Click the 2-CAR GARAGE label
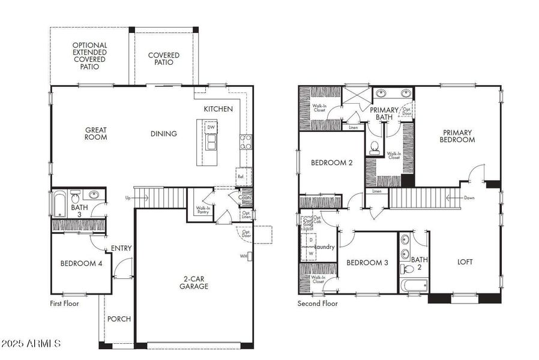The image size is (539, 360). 194,282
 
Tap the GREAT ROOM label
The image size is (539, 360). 95,133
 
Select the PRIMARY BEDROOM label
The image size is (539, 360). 457,136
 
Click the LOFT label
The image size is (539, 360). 465,262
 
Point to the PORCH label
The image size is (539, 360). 119,319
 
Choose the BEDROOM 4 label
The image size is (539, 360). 81,263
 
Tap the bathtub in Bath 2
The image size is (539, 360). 414,286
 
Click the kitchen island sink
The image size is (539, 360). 211,142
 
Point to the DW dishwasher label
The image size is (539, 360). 211,127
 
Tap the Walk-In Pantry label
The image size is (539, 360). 203,211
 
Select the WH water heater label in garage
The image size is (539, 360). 244,256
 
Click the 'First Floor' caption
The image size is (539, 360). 64,304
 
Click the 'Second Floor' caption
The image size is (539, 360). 318,304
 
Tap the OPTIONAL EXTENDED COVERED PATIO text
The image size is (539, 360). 89,56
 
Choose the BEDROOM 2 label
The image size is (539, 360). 331,163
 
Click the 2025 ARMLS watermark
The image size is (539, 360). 31,344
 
